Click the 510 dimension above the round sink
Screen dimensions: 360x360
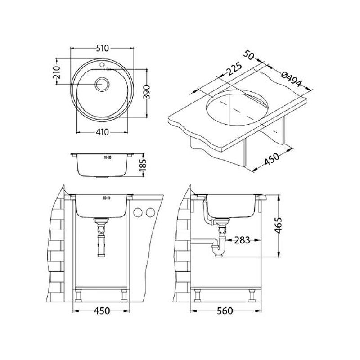click(x=102, y=48)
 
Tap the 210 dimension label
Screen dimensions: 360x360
click(x=57, y=72)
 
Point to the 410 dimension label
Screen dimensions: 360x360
click(x=102, y=132)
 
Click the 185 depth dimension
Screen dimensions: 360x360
click(x=142, y=165)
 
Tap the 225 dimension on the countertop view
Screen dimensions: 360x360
click(x=234, y=69)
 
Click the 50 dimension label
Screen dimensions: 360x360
click(x=249, y=55)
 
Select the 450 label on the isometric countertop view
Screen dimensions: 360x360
click(x=272, y=159)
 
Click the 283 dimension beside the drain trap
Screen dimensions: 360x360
click(x=242, y=240)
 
